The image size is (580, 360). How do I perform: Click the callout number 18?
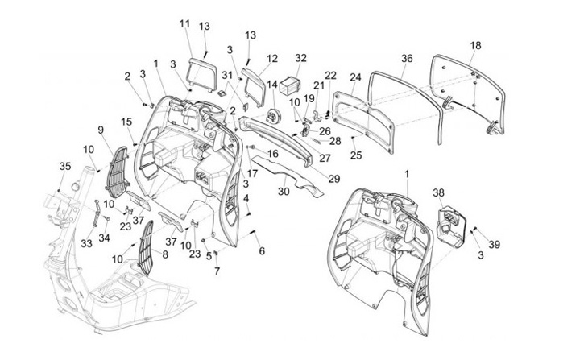[x=476, y=46]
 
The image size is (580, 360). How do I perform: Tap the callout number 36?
[x=407, y=59]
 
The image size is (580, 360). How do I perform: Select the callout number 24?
[x=355, y=77]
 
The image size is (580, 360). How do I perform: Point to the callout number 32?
[x=301, y=58]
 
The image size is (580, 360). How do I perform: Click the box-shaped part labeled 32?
[x=290, y=87]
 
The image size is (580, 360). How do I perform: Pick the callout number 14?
[x=272, y=85]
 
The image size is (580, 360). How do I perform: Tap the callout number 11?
[x=184, y=23]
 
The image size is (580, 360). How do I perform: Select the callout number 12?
[x=272, y=59]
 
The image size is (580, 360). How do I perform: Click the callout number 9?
[x=101, y=130]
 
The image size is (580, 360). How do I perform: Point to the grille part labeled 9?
[x=118, y=172]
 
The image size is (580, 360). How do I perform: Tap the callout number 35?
[x=65, y=166]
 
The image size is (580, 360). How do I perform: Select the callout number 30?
[x=284, y=192]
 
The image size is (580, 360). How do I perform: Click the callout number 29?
[x=334, y=179]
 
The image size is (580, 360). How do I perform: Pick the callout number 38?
[x=439, y=192]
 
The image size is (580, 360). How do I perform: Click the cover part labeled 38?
[x=451, y=228]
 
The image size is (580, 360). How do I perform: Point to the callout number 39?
[x=494, y=244]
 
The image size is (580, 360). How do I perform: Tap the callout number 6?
[x=262, y=251]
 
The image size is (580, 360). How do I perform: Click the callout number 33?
[x=86, y=243]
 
